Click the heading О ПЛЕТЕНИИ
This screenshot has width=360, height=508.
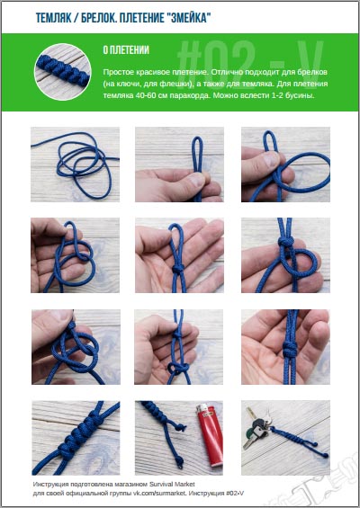(x=126, y=49)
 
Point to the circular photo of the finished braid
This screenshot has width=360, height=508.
(x=63, y=72)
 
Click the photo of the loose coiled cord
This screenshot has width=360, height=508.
(x=76, y=165)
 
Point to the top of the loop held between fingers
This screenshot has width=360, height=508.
(x=197, y=138)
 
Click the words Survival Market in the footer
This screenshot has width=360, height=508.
(x=172, y=484)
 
